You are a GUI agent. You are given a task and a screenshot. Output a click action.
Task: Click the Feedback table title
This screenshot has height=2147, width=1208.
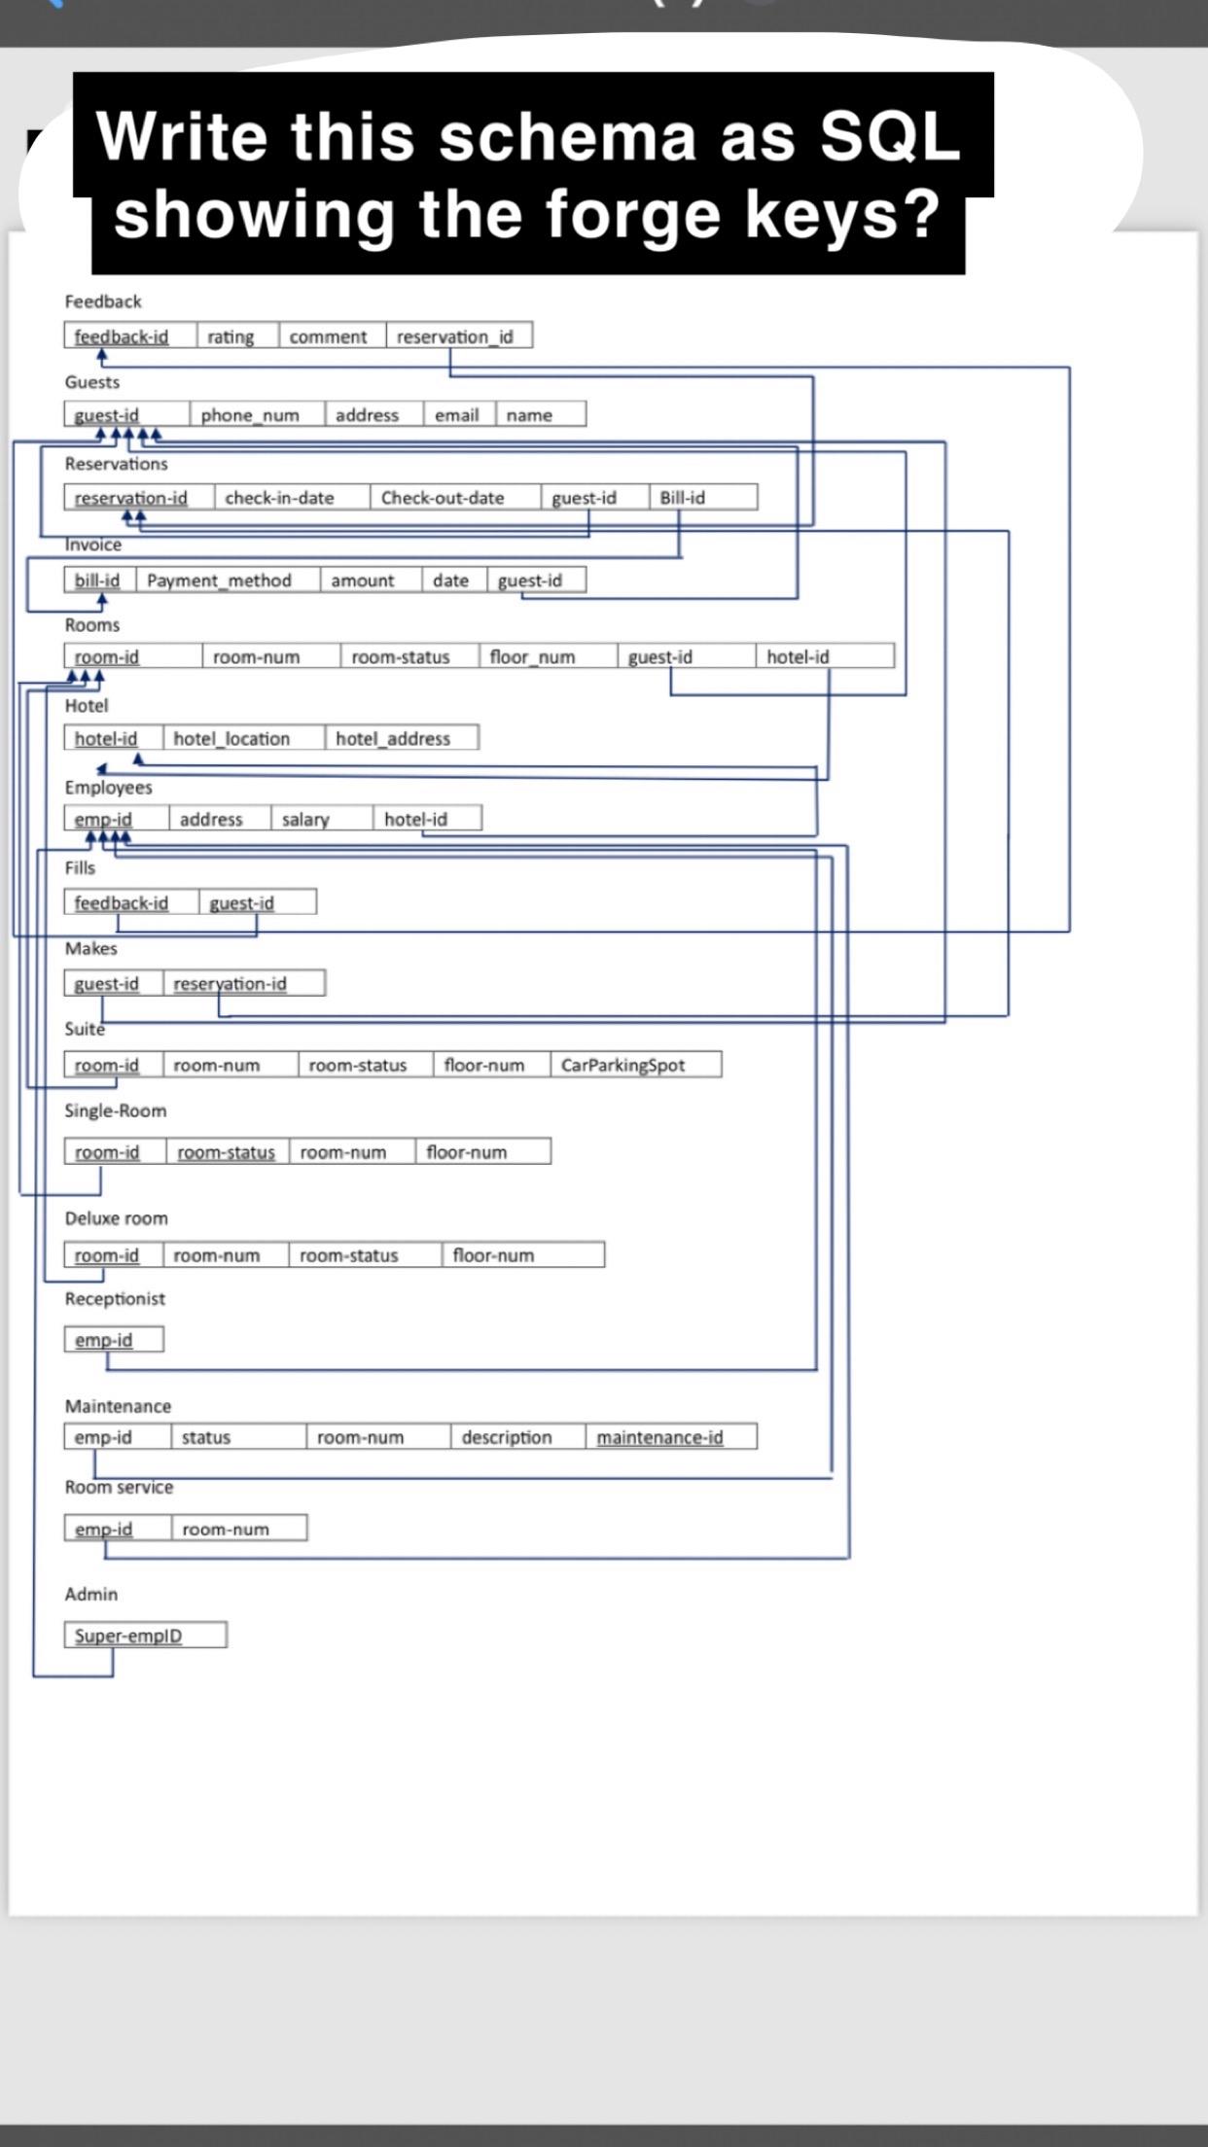(x=103, y=301)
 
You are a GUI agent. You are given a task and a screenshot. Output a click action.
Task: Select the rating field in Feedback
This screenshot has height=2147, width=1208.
(x=231, y=336)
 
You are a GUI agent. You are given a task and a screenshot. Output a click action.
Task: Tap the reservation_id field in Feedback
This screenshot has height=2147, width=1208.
(x=454, y=336)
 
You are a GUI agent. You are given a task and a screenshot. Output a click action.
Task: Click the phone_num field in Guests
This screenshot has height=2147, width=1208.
(x=250, y=415)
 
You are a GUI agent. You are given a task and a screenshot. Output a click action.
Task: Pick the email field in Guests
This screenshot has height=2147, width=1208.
(x=456, y=415)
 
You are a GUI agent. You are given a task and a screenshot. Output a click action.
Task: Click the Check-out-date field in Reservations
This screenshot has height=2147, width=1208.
(x=443, y=498)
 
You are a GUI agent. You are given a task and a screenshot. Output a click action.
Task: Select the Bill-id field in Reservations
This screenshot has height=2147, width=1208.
(x=683, y=498)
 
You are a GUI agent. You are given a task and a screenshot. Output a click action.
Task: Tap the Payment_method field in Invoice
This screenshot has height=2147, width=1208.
(x=219, y=581)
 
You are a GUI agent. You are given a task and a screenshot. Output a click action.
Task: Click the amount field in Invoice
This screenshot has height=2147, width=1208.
(x=363, y=581)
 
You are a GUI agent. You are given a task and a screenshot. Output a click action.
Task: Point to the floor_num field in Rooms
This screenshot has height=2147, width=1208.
(x=532, y=657)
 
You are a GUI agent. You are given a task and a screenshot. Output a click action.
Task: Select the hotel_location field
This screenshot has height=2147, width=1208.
(x=231, y=739)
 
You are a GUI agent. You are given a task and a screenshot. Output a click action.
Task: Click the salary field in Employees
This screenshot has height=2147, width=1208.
(x=305, y=820)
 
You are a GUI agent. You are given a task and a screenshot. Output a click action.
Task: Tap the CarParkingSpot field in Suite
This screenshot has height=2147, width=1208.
(x=622, y=1066)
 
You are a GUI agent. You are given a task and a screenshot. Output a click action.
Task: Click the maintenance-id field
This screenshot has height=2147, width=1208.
(x=659, y=1438)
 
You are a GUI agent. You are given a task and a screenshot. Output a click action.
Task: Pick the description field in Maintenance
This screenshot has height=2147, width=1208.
(x=507, y=1438)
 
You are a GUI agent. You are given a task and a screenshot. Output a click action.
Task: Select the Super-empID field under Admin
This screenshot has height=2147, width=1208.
(x=128, y=1636)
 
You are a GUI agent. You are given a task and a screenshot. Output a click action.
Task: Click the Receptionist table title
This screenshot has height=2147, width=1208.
(x=115, y=1299)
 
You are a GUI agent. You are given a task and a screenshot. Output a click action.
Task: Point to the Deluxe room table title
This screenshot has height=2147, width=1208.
(x=116, y=1218)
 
